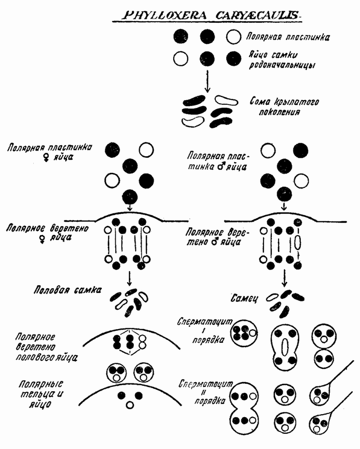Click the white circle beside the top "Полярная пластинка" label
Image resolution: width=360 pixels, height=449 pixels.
(x=233, y=37)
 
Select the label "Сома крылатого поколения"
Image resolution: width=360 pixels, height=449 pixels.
(x=283, y=106)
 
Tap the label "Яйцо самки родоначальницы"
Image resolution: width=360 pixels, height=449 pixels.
(x=282, y=60)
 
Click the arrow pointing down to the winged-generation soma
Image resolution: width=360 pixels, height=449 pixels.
(x=207, y=81)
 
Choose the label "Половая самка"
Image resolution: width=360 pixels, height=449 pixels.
(x=68, y=290)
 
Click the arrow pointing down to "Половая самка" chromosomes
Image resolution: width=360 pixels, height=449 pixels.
(x=129, y=278)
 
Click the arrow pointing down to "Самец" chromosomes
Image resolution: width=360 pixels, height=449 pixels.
(x=284, y=278)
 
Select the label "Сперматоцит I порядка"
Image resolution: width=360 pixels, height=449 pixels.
(x=205, y=331)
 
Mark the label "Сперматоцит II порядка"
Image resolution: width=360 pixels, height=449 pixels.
(x=206, y=392)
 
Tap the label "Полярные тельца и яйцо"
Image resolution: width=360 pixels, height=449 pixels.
(x=42, y=394)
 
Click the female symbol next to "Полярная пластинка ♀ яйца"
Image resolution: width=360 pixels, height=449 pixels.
(x=46, y=158)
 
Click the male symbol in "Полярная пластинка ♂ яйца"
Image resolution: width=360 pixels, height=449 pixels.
(x=221, y=166)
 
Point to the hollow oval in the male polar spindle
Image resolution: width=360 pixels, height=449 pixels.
(x=297, y=242)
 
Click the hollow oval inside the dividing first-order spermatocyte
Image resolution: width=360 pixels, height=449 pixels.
(x=285, y=347)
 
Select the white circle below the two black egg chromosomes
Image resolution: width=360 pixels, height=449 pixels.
(x=130, y=405)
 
